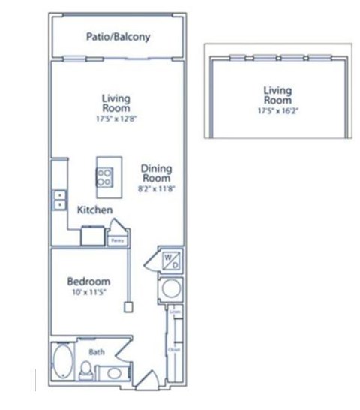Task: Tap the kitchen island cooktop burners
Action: (x=106, y=178)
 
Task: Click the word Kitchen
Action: (x=95, y=210)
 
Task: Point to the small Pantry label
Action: (x=117, y=241)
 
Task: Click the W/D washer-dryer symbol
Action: (x=169, y=261)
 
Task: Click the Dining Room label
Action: (x=156, y=174)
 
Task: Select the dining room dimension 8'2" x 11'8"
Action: (x=156, y=191)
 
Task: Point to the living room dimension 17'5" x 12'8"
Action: (x=116, y=117)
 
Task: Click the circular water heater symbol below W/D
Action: (x=170, y=288)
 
